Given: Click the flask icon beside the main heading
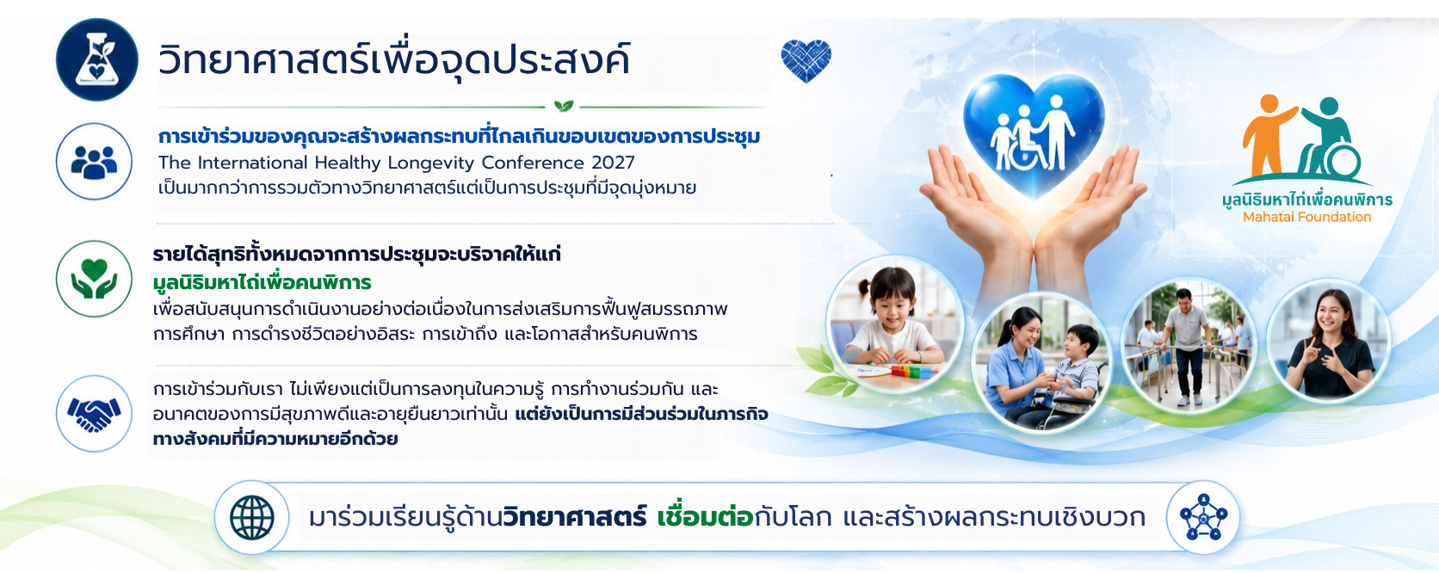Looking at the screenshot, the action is pos(97,59).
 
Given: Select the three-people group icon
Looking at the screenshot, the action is pos(94,162).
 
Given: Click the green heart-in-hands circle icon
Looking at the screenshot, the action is pos(94,279).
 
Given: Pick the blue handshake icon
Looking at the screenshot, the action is pos(94,414).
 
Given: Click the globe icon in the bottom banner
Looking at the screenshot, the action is pos(252,518).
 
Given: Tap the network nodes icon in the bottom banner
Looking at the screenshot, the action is pos(1203,518).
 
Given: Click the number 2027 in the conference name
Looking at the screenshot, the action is pos(614,163).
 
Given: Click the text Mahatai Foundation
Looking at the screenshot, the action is pos(1306,217).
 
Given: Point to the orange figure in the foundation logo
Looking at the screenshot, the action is pos(1268,135).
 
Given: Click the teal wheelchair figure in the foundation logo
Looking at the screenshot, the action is pos(1329,139).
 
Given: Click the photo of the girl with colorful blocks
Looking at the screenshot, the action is pos(894,323).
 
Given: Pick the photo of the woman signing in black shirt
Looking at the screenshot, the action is pos(1329,343).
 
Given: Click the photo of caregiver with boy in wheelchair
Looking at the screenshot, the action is pos(1041,361).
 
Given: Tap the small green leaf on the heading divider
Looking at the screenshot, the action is pos(564,105).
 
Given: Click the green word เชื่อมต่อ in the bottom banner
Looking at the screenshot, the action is pos(705,516).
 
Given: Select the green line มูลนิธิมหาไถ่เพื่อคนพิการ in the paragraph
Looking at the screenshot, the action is pos(262,282).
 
